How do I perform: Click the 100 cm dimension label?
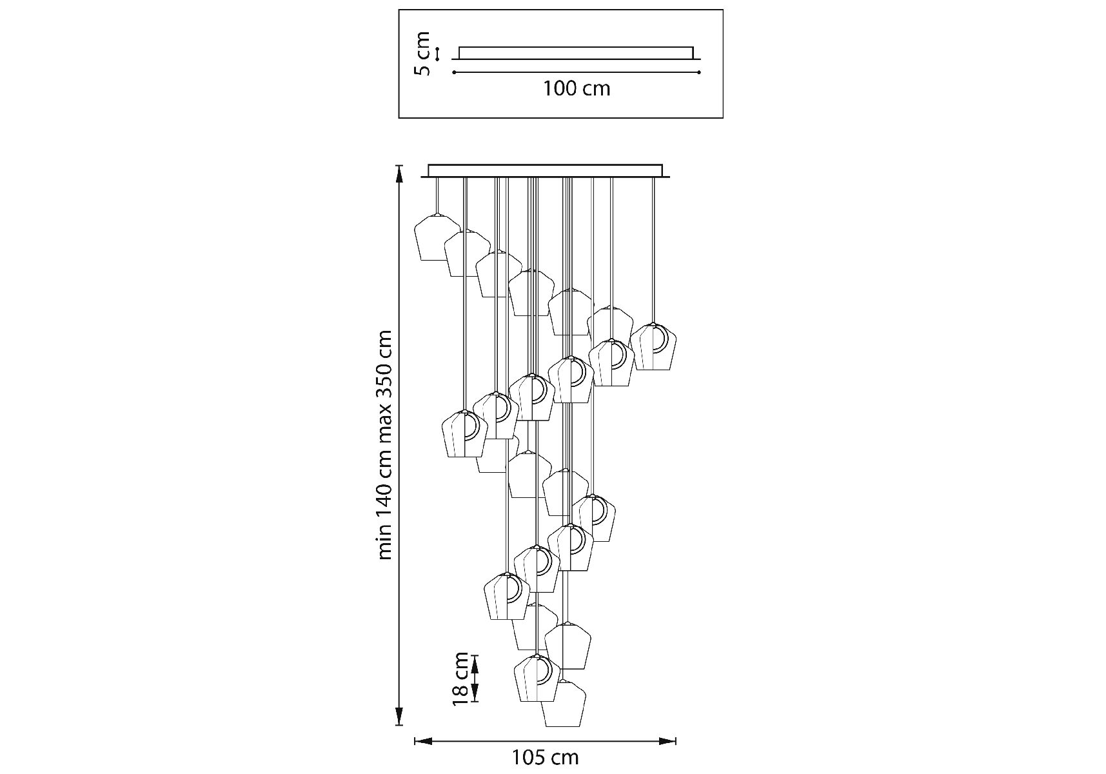pyautogui.click(x=576, y=88)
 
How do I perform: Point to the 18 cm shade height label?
pyautogui.click(x=460, y=678)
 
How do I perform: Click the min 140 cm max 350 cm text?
pyautogui.click(x=385, y=445)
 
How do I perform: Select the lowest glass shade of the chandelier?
pyautogui.click(x=562, y=704)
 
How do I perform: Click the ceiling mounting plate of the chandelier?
pyautogui.click(x=546, y=171)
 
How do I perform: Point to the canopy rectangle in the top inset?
pyautogui.click(x=576, y=52)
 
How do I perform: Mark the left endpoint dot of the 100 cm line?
pyautogui.click(x=455, y=72)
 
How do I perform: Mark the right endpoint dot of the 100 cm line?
pyautogui.click(x=698, y=72)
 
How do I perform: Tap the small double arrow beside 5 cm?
pyautogui.click(x=438, y=54)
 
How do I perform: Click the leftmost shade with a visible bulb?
pyautogui.click(x=464, y=434)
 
